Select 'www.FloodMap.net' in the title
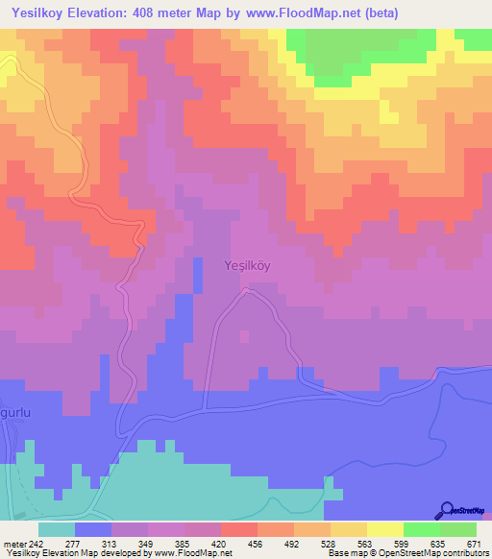[299, 13]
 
